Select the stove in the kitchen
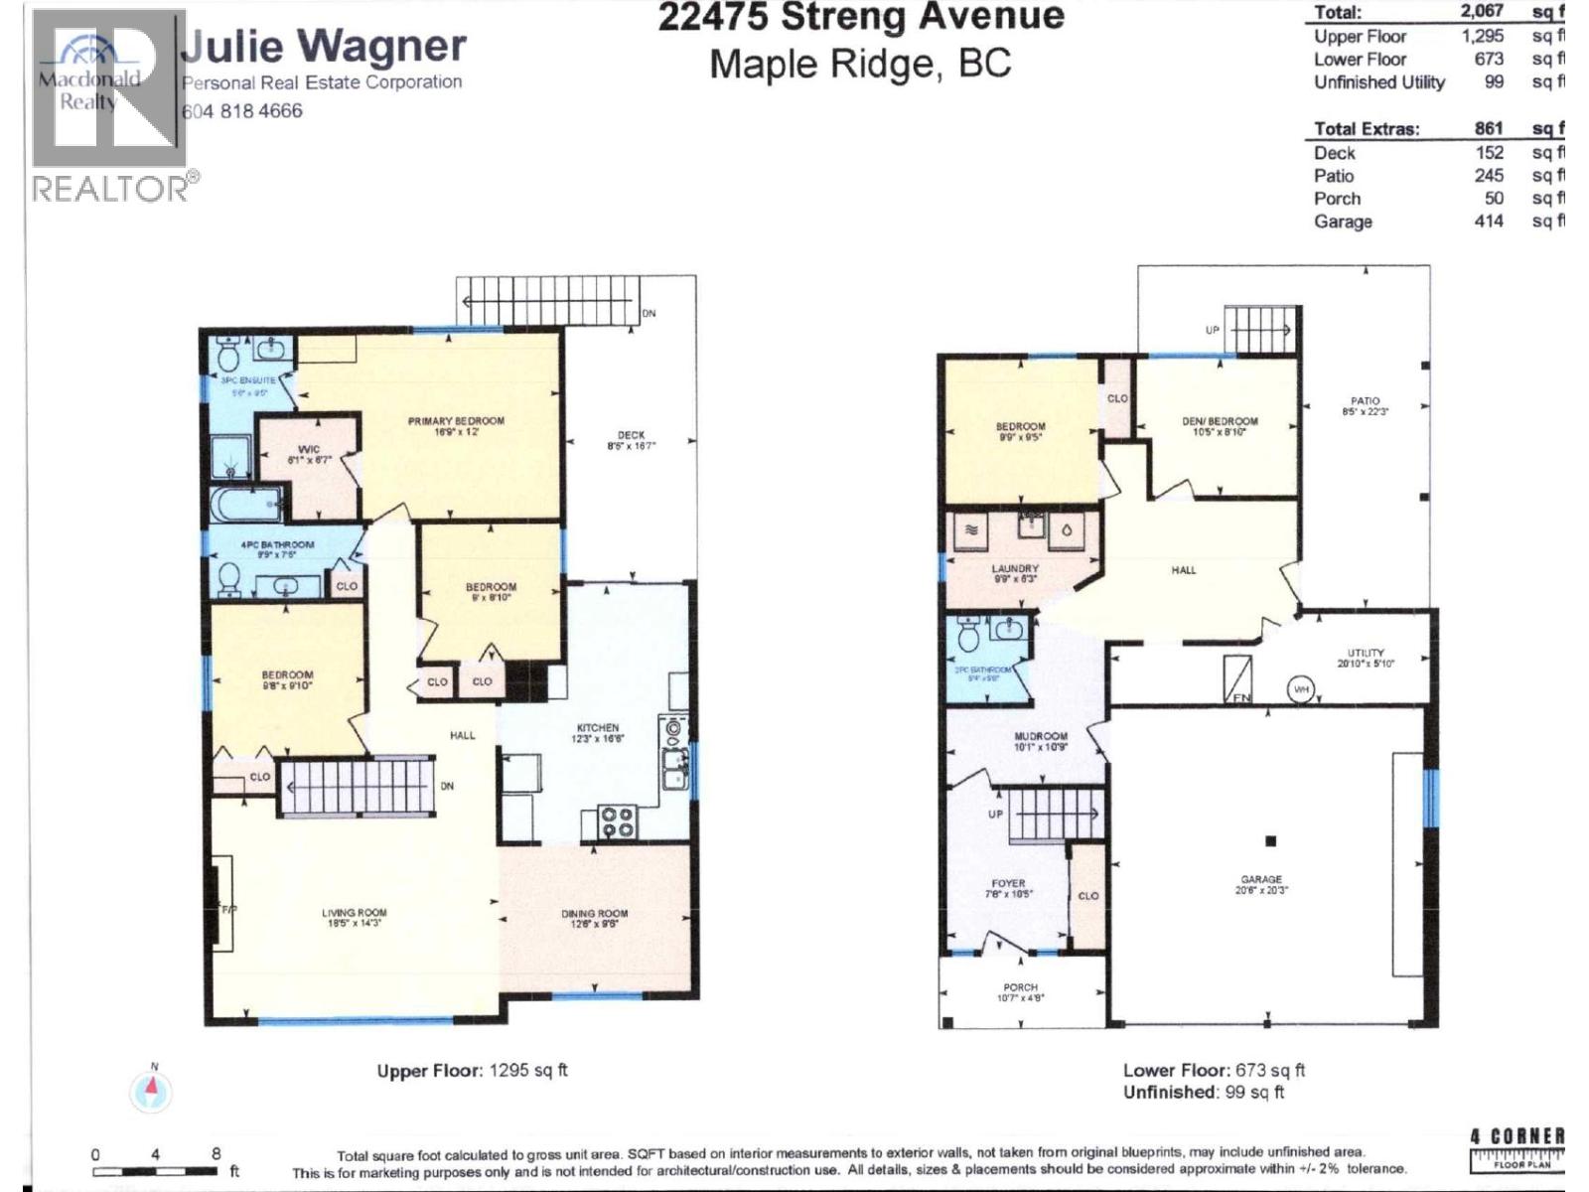(x=616, y=822)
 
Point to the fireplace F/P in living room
(x=226, y=909)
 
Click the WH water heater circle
(x=1301, y=688)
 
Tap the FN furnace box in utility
(x=1238, y=680)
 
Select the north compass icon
(x=151, y=1091)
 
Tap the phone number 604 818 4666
(x=242, y=111)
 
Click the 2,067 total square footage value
(x=1481, y=11)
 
